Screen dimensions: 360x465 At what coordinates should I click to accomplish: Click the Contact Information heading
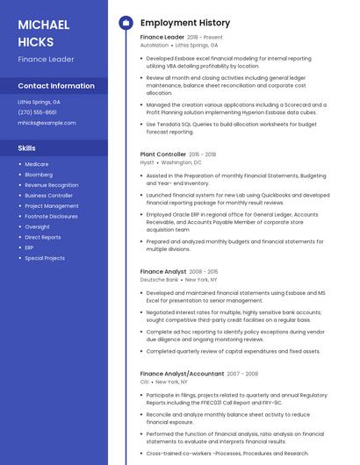(x=56, y=86)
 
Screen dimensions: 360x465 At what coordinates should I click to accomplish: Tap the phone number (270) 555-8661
(x=37, y=112)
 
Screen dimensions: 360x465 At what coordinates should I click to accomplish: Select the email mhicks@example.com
(x=47, y=123)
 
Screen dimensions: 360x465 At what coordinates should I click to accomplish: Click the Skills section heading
(x=26, y=148)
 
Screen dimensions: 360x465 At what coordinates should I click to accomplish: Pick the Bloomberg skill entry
(x=39, y=175)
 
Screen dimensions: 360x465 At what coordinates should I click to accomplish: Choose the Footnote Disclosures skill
(x=51, y=216)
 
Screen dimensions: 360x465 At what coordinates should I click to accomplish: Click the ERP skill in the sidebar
(x=30, y=247)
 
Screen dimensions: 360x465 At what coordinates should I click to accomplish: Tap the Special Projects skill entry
(x=45, y=258)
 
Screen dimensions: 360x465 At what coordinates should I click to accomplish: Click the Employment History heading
(x=185, y=23)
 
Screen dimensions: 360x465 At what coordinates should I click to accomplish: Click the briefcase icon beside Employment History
(x=125, y=23)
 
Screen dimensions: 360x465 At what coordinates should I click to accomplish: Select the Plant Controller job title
(x=162, y=154)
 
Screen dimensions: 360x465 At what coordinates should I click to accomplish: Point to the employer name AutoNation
(x=155, y=45)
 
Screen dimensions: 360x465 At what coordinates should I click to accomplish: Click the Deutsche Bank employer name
(x=159, y=279)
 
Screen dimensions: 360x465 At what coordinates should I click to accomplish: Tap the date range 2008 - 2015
(x=204, y=272)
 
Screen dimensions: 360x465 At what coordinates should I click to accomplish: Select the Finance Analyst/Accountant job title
(x=182, y=374)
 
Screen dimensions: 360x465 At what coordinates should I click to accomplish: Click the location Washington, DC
(x=181, y=162)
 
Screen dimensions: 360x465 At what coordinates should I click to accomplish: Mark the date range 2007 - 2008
(x=243, y=374)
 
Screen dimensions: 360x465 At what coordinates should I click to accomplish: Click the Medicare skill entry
(x=37, y=164)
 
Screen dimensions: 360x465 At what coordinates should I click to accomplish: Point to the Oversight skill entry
(x=38, y=226)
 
